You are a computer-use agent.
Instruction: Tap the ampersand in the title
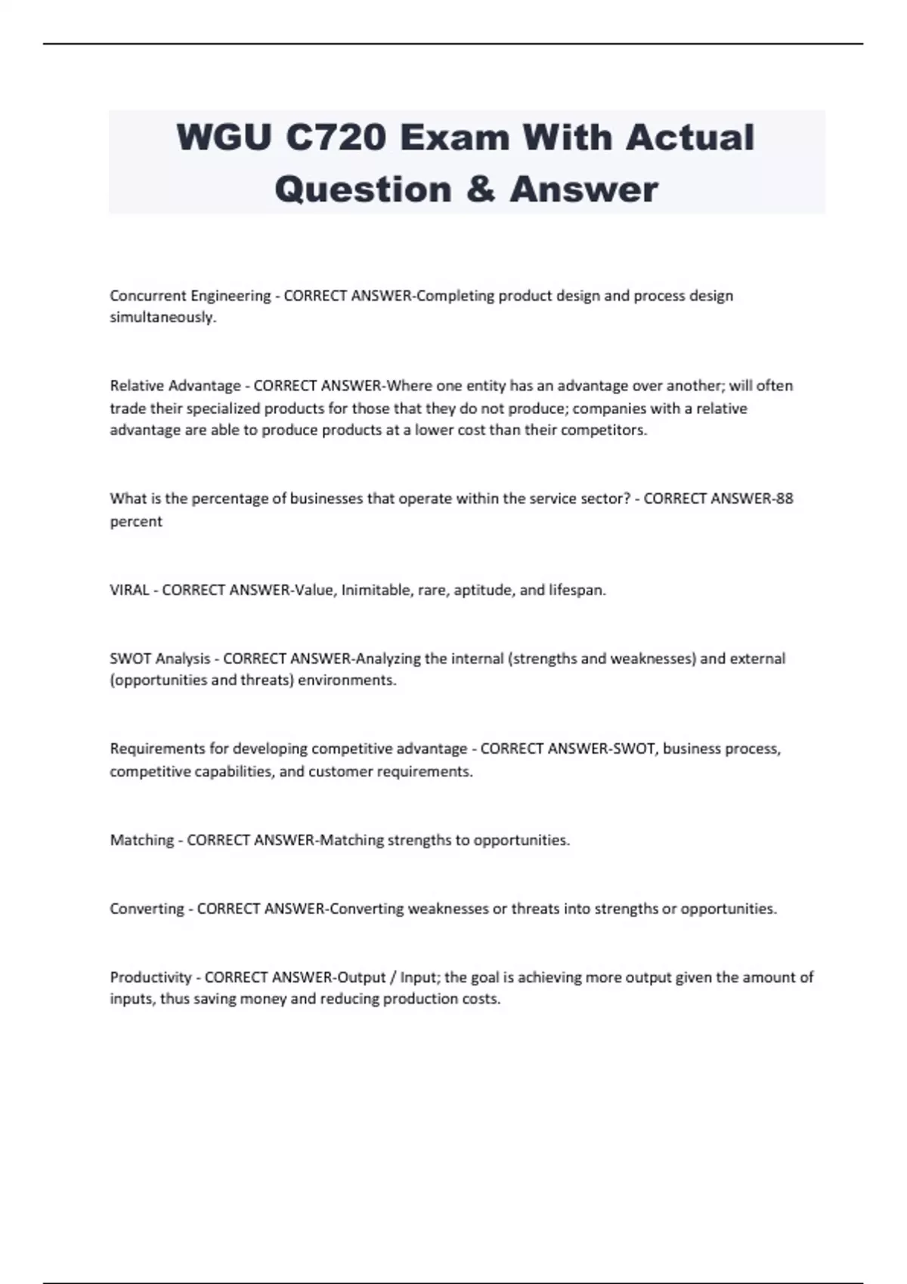(x=481, y=189)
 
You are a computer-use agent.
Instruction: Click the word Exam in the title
(x=453, y=137)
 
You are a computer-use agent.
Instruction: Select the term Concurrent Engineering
(x=190, y=295)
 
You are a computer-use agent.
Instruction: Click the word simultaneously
(x=163, y=317)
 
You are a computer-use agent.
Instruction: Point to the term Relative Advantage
(x=175, y=386)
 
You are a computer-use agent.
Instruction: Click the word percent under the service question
(x=136, y=521)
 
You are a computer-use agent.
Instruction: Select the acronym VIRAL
(x=129, y=590)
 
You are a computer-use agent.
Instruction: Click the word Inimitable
(x=376, y=590)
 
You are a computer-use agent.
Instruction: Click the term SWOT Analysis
(x=160, y=659)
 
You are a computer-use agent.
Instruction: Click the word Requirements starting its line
(x=156, y=749)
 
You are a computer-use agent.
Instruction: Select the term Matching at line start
(x=142, y=840)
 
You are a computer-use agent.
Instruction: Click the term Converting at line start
(x=147, y=909)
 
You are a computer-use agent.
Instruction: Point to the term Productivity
(x=151, y=977)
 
